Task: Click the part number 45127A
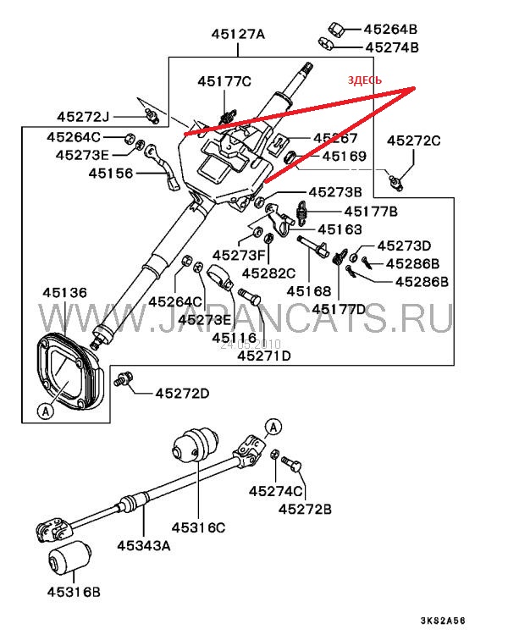(x=238, y=35)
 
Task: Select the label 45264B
(x=391, y=28)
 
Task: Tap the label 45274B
(x=391, y=47)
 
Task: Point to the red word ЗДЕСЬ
(x=365, y=80)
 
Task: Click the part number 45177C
(x=224, y=81)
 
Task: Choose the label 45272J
(x=84, y=115)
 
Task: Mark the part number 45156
(x=111, y=174)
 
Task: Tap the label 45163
(x=340, y=229)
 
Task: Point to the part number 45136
(x=64, y=294)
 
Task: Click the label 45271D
(x=263, y=356)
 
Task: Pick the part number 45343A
(x=143, y=545)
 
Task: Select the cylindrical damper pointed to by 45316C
(x=196, y=445)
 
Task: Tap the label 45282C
(x=268, y=273)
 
